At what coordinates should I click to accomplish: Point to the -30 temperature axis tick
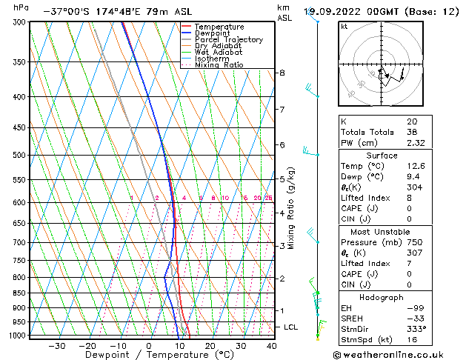[x=57, y=345]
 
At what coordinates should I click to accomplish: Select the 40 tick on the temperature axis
[x=271, y=345]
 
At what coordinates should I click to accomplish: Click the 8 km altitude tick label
[x=282, y=73]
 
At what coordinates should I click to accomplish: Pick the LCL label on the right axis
[x=291, y=327]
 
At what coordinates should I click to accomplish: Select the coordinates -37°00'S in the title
[x=66, y=12]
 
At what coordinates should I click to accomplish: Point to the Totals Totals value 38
[x=411, y=132]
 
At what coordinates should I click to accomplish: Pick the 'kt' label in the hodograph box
[x=344, y=27]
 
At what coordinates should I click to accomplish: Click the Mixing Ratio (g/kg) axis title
[x=291, y=208]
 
